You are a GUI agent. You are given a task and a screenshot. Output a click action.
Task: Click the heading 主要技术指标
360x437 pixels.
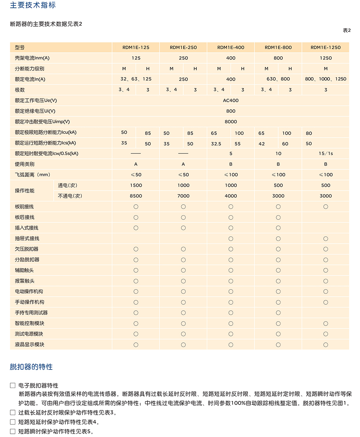click(33, 5)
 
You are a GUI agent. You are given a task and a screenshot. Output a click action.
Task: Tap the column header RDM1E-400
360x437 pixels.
click(231, 47)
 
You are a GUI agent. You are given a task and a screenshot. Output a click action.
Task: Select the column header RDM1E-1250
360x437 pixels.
click(326, 47)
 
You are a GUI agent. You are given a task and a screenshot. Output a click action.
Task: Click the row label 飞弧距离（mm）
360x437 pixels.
click(32, 175)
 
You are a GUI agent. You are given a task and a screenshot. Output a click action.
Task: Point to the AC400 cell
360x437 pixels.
click(231, 101)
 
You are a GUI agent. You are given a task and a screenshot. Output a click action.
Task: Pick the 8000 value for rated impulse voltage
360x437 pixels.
click(231, 122)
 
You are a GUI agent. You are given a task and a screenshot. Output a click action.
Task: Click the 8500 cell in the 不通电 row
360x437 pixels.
click(136, 196)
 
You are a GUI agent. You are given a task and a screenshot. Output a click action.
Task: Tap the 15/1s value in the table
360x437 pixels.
click(326, 153)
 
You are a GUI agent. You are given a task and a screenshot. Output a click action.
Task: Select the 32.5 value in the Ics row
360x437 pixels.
click(216, 144)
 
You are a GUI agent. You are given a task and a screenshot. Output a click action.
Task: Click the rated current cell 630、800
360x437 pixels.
click(278, 79)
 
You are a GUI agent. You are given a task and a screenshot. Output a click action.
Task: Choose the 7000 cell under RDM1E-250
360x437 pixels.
click(183, 196)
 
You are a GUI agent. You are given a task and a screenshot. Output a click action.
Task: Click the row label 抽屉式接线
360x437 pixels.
click(27, 239)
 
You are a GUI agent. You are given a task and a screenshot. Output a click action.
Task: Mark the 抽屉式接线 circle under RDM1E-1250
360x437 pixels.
click(326, 239)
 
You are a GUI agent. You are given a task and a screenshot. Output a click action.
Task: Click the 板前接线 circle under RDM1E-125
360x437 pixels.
click(136, 207)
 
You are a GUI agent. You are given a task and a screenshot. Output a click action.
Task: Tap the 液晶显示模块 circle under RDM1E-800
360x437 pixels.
click(278, 345)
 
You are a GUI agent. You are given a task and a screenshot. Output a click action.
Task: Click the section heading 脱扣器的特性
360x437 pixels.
click(31, 367)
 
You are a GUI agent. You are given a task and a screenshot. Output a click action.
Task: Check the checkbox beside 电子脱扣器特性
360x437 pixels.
click(13, 385)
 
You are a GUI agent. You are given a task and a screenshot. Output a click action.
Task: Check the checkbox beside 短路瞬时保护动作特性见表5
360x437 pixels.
click(13, 431)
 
